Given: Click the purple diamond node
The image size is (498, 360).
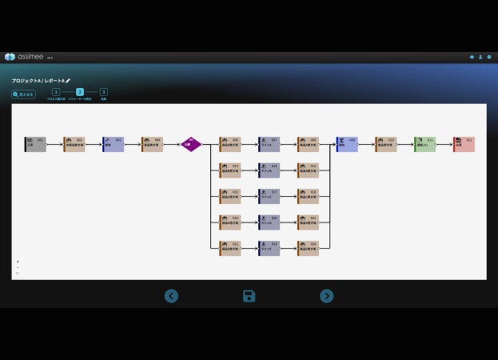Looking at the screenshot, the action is tap(190, 144).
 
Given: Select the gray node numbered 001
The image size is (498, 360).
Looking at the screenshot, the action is tap(35, 144).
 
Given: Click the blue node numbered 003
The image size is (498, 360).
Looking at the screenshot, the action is tap(113, 144).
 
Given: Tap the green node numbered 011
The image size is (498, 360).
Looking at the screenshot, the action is tap(424, 144).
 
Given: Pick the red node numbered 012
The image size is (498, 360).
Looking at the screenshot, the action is tap(464, 144).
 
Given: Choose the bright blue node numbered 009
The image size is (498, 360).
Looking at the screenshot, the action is tap(347, 144).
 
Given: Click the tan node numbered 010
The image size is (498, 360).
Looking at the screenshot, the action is tap(385, 144).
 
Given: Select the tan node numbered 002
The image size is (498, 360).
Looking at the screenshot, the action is tap(74, 144).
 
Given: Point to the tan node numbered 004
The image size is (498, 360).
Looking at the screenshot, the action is tap(152, 144).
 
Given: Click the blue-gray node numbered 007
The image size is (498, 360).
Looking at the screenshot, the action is tap(269, 144).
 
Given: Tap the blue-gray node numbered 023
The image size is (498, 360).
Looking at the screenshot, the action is tap(269, 248).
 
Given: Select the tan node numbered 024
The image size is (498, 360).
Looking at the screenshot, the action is tap(308, 248).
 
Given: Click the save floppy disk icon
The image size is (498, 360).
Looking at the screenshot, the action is tap(249, 296).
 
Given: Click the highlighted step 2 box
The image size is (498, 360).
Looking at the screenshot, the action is tap(80, 93).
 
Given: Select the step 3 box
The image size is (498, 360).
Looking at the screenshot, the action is tap(104, 93).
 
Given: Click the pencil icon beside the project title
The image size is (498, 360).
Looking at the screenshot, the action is tap(68, 81).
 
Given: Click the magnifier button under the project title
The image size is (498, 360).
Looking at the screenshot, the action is tap(23, 94).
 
